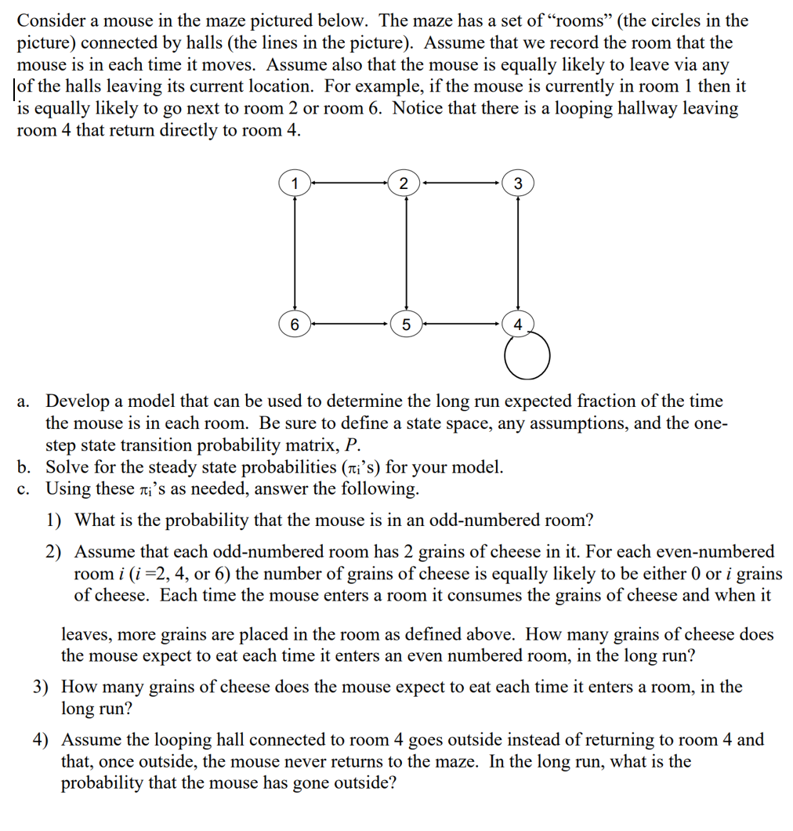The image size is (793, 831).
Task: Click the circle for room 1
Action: pos(295,184)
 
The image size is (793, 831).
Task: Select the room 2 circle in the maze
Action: pos(404,184)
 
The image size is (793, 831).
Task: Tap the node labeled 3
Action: pos(517,184)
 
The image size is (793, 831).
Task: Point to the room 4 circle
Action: pos(517,324)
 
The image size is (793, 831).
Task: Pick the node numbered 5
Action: pos(405,324)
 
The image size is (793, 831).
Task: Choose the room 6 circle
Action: pos(295,324)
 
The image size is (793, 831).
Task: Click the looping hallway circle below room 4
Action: pos(527,357)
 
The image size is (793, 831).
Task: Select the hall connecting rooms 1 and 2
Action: pos(349,184)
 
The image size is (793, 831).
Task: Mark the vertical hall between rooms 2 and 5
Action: pos(405,253)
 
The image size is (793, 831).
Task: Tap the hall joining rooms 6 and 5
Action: pos(349,323)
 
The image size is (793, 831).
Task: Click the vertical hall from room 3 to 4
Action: pos(517,253)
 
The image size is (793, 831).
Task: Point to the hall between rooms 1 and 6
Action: pos(295,253)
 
